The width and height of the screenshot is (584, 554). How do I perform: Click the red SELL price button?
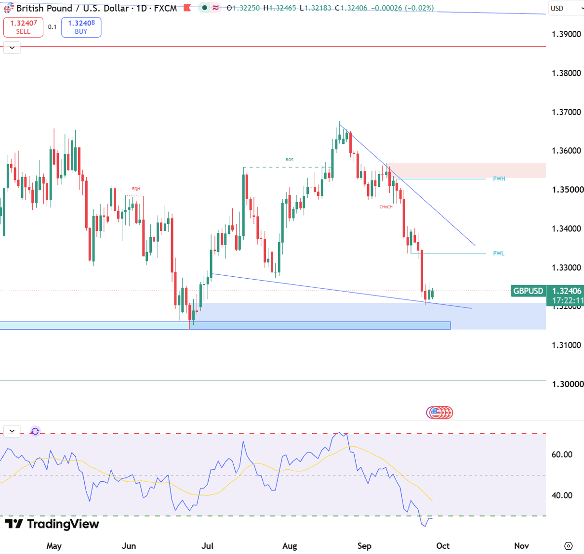tap(23, 27)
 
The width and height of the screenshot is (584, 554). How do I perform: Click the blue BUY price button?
tap(81, 27)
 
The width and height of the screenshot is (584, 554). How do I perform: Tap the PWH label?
tap(499, 179)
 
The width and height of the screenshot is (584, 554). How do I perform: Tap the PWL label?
tap(498, 253)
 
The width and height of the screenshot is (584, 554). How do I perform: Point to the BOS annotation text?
tap(289, 160)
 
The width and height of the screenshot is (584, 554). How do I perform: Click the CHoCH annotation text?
tap(386, 207)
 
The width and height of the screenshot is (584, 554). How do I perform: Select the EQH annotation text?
tap(136, 189)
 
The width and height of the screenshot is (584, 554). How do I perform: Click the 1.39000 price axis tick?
tap(566, 34)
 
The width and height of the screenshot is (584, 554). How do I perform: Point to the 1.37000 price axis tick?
tap(566, 112)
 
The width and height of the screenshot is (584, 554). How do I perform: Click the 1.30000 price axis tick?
tap(567, 384)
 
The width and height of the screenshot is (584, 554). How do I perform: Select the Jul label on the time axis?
tap(207, 546)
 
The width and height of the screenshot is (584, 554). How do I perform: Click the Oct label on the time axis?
tap(443, 546)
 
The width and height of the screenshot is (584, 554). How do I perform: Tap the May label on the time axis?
tap(54, 546)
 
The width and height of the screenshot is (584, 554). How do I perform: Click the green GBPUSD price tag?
tap(528, 291)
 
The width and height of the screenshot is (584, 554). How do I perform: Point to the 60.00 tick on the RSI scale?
tap(562, 454)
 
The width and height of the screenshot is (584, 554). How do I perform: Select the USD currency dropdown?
tap(566, 8)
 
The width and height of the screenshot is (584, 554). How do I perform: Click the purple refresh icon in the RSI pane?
tap(35, 431)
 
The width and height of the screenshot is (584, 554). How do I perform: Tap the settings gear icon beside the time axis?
tap(568, 546)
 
